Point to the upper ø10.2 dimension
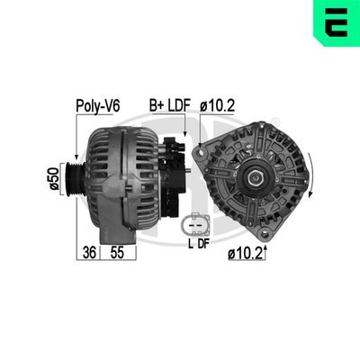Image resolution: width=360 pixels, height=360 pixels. pyautogui.click(x=218, y=105)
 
